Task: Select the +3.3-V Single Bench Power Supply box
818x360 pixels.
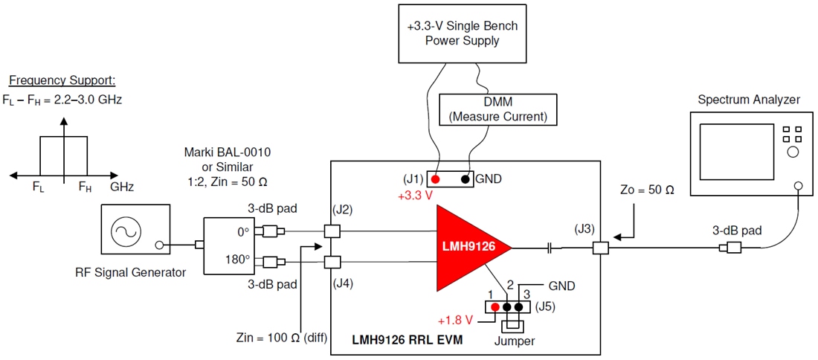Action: click(x=462, y=33)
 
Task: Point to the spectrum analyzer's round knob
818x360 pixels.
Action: click(x=793, y=152)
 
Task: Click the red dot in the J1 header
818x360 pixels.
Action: click(x=434, y=179)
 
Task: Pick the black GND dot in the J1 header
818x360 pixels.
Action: click(x=465, y=179)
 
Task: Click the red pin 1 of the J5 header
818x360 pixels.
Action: click(x=495, y=306)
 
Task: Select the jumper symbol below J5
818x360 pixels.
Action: click(x=512, y=326)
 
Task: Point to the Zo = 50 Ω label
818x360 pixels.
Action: click(x=649, y=190)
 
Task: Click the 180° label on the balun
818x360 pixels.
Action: click(x=238, y=261)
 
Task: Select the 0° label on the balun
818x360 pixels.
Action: click(x=243, y=231)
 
